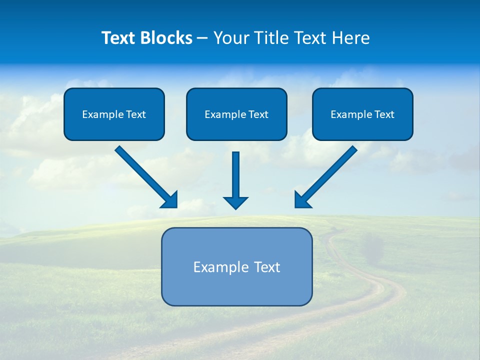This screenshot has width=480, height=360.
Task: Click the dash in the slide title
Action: click(x=202, y=38)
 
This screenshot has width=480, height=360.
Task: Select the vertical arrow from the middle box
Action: click(x=235, y=175)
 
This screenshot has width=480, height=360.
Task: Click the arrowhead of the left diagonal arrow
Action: click(x=170, y=200)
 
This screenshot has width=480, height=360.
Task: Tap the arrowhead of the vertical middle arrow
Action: click(x=235, y=202)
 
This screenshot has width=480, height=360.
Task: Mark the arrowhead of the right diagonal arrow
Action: click(x=302, y=200)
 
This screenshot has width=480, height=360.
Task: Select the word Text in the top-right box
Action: click(x=384, y=114)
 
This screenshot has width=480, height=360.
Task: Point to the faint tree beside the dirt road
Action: click(x=372, y=247)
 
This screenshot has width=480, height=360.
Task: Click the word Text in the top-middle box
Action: click(x=258, y=114)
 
